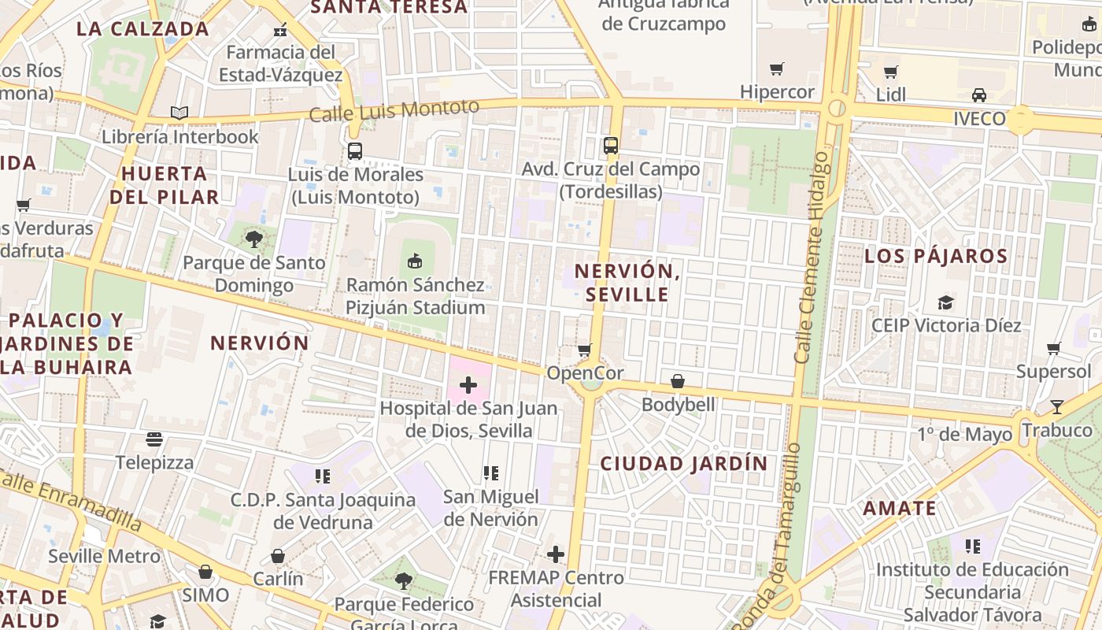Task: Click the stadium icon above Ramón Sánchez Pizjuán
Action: point(415,261)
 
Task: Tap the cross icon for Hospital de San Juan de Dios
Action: point(468,385)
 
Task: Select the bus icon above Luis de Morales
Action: point(355,151)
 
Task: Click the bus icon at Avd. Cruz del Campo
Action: point(611,146)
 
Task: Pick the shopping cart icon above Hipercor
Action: point(777,69)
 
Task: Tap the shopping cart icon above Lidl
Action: point(891,72)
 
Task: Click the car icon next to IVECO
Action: point(979,95)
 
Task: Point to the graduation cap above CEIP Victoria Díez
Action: point(945,302)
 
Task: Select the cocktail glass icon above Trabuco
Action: point(1056,407)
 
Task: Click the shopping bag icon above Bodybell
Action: point(678,382)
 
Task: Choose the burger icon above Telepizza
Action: point(154,439)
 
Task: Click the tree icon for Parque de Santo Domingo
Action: point(253,239)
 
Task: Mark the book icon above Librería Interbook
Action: point(179,113)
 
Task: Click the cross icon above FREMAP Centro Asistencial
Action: point(556,554)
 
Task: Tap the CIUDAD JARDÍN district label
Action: point(683,464)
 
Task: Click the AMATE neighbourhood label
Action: point(900,509)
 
